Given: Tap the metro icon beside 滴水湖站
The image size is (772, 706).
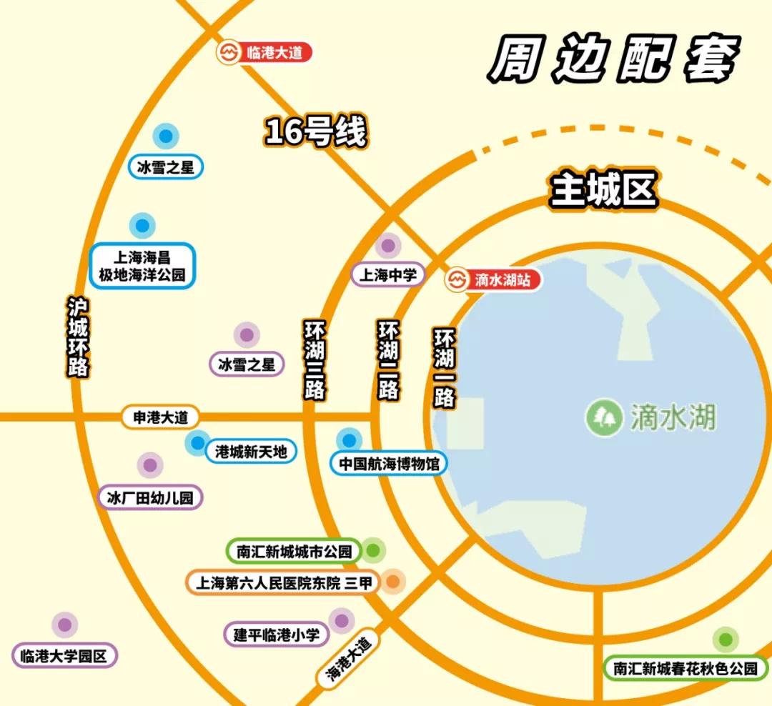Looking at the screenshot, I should coord(457,279).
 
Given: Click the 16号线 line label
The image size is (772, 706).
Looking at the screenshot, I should coord(315,131).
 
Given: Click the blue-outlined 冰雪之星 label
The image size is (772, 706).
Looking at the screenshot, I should coord(166,168).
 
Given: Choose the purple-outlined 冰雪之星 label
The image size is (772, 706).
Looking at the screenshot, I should coord(247,364).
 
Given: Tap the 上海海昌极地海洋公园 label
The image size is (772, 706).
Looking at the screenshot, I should coord(143,266).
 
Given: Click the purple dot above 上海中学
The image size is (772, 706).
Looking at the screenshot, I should coord(387,247).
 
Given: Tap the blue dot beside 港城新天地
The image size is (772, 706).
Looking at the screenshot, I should coord(197,444).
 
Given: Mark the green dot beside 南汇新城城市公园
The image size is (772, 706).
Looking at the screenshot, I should coord(373,551).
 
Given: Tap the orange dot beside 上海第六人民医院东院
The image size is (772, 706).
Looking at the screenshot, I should coord(392,582).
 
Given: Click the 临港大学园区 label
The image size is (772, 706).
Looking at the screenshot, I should coord(64,655).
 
